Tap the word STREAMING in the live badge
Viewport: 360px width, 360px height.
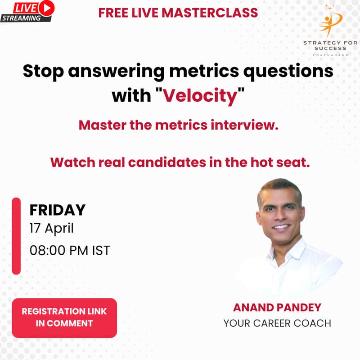point(20,18)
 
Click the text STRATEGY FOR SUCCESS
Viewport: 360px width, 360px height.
point(325,45)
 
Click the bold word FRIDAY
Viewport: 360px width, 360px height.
point(57,210)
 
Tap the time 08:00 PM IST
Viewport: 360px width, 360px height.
point(69,250)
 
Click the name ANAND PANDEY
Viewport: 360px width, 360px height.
point(277,308)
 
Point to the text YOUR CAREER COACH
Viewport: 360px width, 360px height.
point(277,323)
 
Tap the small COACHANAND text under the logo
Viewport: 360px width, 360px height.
point(325,54)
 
